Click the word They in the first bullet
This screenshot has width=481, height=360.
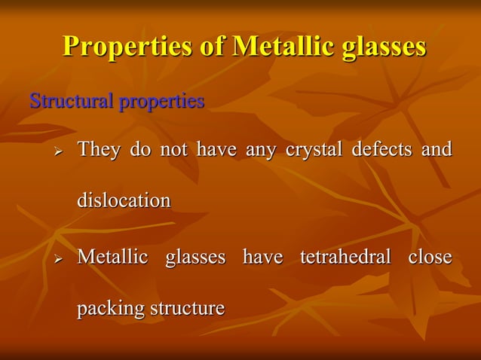[99, 150]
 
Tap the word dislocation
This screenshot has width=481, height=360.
[124, 201]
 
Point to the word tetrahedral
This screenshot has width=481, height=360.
[345, 258]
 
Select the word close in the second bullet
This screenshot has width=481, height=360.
[430, 258]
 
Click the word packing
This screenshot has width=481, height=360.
[111, 310]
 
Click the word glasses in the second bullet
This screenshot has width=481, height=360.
[195, 258]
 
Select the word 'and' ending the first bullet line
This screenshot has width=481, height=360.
[437, 150]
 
